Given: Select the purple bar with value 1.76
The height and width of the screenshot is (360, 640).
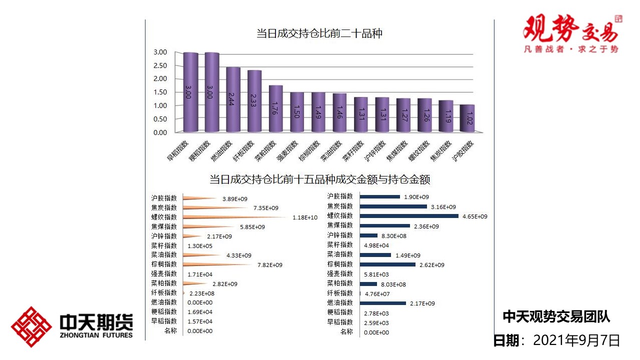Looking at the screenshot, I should [x=275, y=108].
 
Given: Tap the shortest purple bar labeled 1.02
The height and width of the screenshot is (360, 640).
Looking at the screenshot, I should [x=467, y=118].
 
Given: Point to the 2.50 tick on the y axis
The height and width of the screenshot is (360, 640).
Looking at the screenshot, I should [x=160, y=65].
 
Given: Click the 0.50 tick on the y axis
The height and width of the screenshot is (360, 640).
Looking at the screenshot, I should [x=160, y=119].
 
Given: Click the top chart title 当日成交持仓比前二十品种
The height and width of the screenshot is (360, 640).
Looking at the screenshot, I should [x=319, y=34].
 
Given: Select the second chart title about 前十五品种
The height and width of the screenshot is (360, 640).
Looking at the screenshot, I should [x=320, y=179].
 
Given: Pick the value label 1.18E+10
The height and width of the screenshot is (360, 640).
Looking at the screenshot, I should [x=305, y=217].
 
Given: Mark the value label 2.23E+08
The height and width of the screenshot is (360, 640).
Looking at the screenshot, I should [x=201, y=293].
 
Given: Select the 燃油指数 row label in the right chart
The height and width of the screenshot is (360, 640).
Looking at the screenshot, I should [x=340, y=303].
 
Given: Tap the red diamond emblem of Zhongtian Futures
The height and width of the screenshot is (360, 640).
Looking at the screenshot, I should [x=31, y=327].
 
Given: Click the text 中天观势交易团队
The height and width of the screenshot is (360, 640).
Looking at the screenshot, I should [x=556, y=316].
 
